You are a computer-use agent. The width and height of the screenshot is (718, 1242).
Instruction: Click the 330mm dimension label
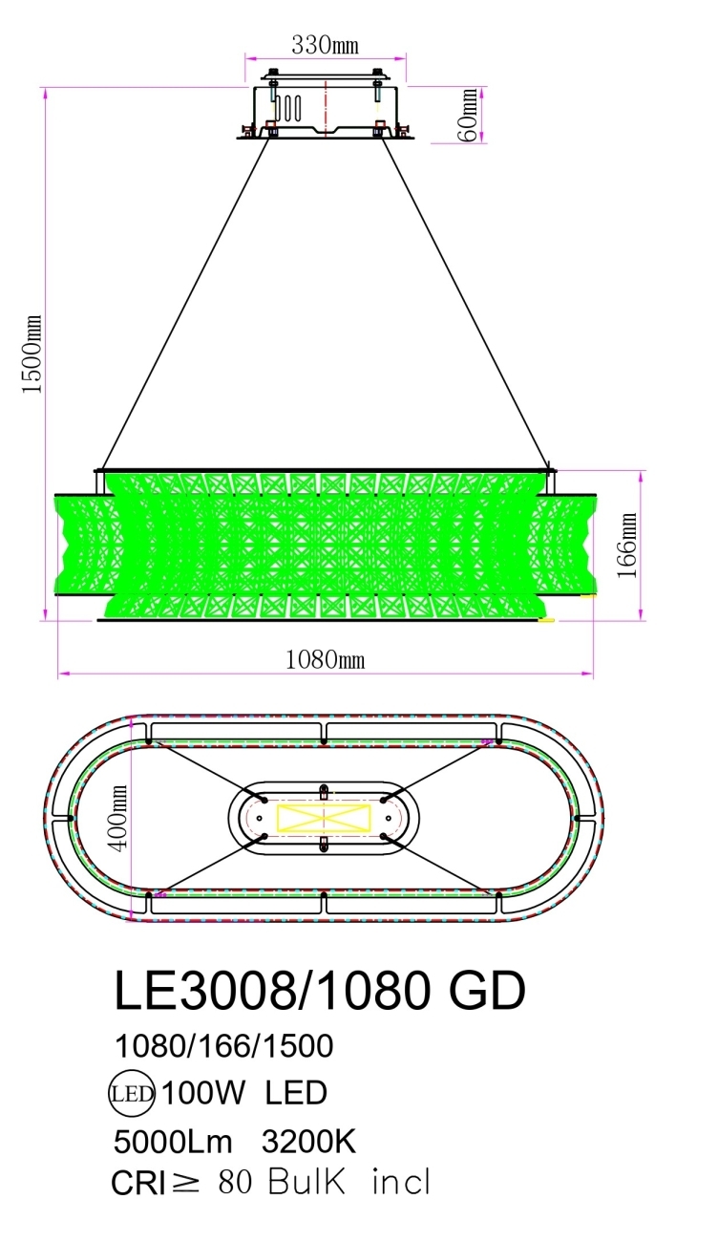click(x=326, y=45)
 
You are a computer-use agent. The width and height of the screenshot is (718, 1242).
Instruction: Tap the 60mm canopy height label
click(x=469, y=116)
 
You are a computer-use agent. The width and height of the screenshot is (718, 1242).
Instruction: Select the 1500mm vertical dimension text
click(x=32, y=354)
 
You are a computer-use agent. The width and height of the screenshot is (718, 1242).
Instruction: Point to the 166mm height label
click(x=627, y=546)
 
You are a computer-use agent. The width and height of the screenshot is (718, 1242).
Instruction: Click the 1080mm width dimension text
click(x=326, y=659)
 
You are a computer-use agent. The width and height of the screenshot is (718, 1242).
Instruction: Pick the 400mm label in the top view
click(x=117, y=819)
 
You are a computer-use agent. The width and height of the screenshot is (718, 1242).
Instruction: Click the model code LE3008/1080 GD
click(x=320, y=992)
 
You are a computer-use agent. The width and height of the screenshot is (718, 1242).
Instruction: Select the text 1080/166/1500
click(x=223, y=1046)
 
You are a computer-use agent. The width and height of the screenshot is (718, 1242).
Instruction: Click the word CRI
click(x=138, y=1184)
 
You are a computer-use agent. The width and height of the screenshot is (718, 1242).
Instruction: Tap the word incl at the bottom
click(x=401, y=1183)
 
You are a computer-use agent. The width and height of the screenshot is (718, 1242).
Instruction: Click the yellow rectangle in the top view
click(x=323, y=819)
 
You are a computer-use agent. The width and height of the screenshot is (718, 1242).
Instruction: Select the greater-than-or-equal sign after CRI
click(x=187, y=1184)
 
